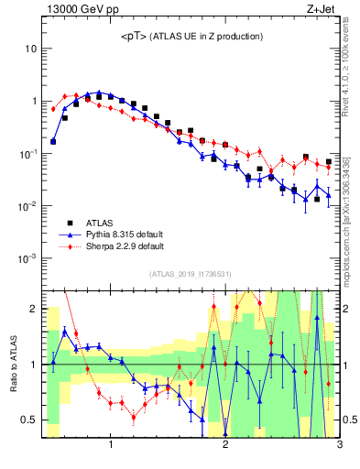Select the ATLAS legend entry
[100, 222]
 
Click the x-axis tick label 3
[339, 446]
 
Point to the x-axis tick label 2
[225, 446]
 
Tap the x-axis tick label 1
[111, 446]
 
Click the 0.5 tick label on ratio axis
[29, 420]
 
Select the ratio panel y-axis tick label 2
[33, 309]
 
